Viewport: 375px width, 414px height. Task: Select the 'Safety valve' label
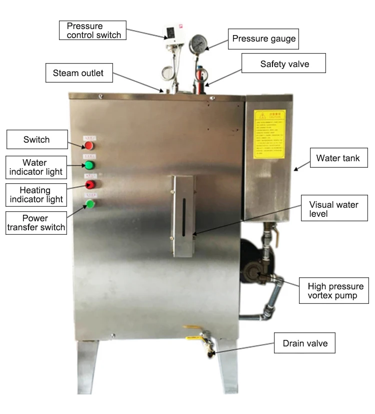(284, 64)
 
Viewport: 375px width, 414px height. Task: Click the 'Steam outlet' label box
(78, 73)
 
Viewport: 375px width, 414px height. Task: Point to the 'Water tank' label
(337, 159)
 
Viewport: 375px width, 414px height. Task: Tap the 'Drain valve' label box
(304, 344)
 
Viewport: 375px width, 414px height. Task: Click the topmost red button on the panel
(89, 145)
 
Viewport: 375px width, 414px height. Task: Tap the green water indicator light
(89, 165)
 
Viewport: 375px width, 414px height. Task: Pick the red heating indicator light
(89, 184)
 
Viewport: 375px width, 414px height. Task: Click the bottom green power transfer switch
(89, 203)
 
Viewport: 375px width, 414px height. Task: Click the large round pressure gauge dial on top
(198, 44)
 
